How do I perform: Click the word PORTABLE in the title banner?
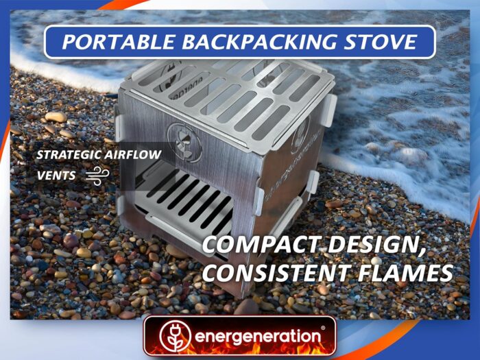(119, 42)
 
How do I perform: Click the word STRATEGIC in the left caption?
(69, 154)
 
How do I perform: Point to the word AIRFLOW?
(133, 154)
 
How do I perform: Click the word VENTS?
(56, 176)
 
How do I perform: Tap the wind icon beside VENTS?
(97, 176)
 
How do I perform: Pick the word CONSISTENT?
(276, 272)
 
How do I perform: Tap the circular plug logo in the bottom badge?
(175, 336)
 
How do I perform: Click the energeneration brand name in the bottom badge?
(257, 337)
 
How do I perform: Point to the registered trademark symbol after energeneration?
(323, 328)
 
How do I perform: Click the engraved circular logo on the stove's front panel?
(184, 143)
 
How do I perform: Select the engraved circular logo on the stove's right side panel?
(302, 137)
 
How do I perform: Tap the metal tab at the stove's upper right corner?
(328, 110)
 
